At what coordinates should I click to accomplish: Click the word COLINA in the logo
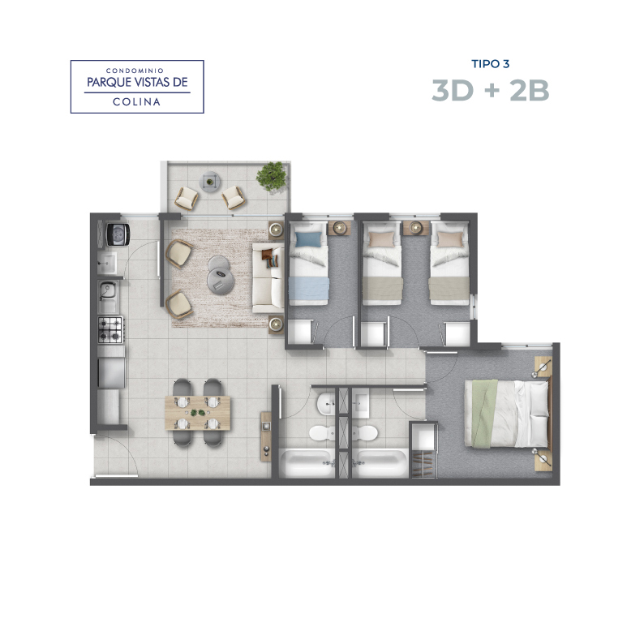[x=137, y=102]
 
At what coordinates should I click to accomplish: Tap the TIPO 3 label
[x=491, y=64]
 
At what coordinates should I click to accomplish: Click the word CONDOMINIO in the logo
[x=135, y=71]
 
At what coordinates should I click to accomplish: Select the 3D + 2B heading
[x=491, y=90]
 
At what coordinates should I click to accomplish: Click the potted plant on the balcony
[x=271, y=176]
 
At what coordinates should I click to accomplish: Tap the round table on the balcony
[x=210, y=182]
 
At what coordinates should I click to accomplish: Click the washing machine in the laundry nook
[x=118, y=234]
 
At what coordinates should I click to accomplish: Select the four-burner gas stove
[x=110, y=330]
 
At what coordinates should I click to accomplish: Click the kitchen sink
[x=109, y=297]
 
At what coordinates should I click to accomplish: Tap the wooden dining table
[x=198, y=412]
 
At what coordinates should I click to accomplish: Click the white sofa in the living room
[x=268, y=277]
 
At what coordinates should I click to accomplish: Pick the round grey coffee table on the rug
[x=221, y=276]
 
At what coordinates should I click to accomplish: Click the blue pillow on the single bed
[x=308, y=239]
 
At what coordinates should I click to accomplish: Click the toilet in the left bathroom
[x=321, y=433]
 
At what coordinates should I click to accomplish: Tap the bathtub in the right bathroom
[x=380, y=463]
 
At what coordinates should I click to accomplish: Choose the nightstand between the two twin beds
[x=416, y=228]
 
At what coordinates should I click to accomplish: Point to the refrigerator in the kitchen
[x=111, y=372]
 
